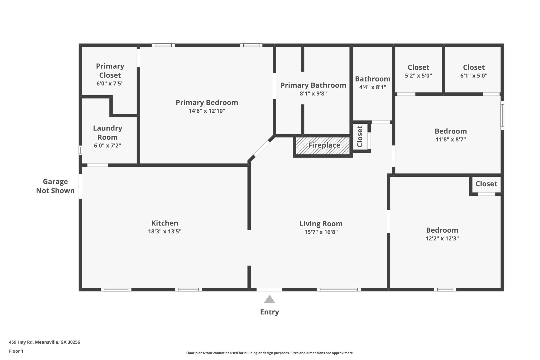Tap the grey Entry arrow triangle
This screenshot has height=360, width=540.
[269, 300]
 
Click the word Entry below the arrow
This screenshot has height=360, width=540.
[269, 312]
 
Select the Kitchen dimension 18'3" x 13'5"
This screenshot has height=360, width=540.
[165, 232]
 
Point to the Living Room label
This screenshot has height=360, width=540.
[321, 224]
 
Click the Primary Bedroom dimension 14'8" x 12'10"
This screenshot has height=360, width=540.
[207, 111]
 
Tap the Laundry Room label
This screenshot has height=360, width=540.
[108, 133]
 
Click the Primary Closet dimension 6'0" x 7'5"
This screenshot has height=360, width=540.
[110, 84]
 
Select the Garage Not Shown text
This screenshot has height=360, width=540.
[55, 186]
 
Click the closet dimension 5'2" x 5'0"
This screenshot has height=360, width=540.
[418, 76]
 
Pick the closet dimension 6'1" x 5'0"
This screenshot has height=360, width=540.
[474, 76]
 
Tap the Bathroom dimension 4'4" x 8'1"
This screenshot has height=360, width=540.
[373, 87]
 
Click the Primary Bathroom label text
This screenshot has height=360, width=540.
[313, 85]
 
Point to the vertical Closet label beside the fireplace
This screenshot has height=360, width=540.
[360, 136]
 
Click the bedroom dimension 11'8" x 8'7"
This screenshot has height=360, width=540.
[451, 140]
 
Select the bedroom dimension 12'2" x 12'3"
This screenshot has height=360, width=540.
[442, 238]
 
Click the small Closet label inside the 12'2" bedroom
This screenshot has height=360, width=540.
[486, 184]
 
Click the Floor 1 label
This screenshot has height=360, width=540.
[16, 351]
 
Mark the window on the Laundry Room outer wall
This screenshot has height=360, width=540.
[80, 150]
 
